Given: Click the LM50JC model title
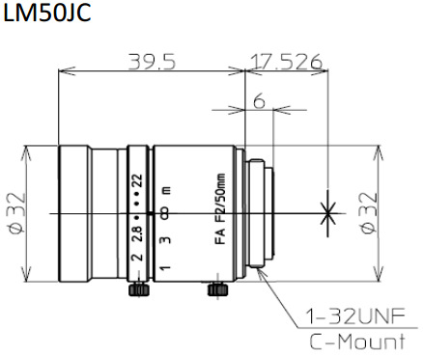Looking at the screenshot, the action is (x=47, y=14).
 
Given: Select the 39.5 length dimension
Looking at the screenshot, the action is (x=153, y=62).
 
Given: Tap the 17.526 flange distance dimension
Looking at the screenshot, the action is (x=286, y=62).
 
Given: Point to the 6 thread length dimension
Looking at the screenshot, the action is (x=259, y=101).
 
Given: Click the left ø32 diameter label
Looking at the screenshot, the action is (x=16, y=213).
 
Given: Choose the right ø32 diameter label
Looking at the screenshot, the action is (x=368, y=213).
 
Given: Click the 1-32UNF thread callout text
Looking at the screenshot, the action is (x=354, y=317).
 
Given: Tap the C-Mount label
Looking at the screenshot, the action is (x=357, y=342).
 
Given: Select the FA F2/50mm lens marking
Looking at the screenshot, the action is (x=220, y=208).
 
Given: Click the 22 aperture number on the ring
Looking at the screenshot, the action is (x=137, y=181).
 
